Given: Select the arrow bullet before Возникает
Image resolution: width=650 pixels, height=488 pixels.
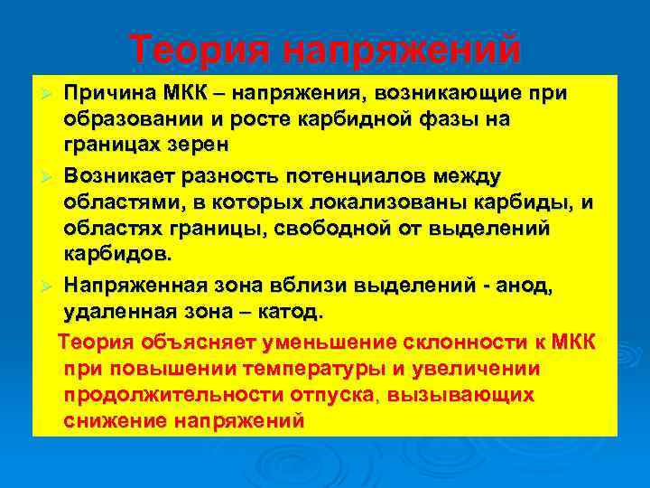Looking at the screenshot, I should (51, 174).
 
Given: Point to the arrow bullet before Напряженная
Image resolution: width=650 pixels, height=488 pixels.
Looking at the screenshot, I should (51, 286).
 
